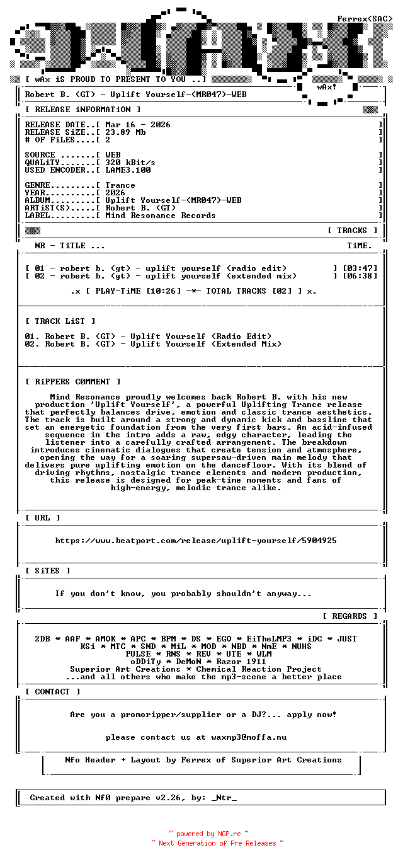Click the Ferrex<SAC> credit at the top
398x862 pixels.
pos(365,19)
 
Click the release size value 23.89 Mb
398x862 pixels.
pos(125,132)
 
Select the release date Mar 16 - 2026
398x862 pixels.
pos(137,125)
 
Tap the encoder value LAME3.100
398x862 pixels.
pos(128,170)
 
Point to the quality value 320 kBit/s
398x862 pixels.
pos(130,163)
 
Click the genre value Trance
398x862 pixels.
pos(120,185)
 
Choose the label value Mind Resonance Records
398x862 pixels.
pos(161,215)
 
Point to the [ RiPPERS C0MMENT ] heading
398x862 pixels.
pos(72,382)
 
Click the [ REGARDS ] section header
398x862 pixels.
pos(350,616)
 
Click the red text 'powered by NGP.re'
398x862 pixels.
pos(208,834)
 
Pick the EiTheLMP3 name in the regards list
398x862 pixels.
pos(264,639)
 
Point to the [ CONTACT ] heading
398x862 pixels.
pos(52,692)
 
